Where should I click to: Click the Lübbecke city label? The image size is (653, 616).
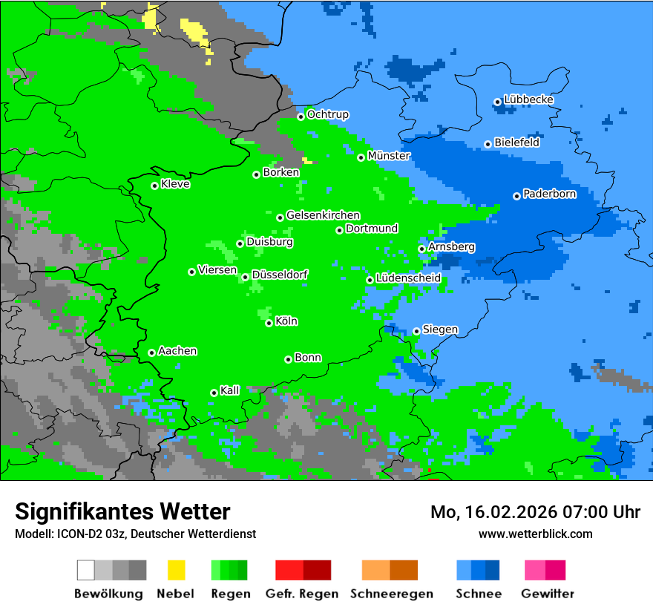(x=528, y=99)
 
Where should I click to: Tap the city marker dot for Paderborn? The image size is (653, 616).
(x=516, y=196)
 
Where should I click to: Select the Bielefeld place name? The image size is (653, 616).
(x=516, y=142)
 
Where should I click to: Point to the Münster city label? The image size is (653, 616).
(x=389, y=156)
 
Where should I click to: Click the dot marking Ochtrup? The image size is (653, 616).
(x=301, y=116)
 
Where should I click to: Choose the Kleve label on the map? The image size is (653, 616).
(x=175, y=184)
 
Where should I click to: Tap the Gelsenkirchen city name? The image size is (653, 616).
(x=323, y=215)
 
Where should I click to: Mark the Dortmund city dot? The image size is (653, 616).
(x=339, y=230)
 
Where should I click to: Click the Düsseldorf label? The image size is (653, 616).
(x=280, y=275)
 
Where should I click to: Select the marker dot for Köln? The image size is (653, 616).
(x=269, y=323)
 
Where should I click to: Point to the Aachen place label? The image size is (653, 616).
(x=177, y=351)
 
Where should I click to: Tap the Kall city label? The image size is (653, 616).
(x=230, y=390)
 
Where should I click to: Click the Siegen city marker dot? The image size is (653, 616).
(x=416, y=331)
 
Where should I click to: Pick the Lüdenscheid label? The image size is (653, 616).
(x=408, y=278)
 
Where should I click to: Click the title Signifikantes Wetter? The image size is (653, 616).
(x=122, y=511)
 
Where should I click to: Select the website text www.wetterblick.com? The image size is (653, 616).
(x=535, y=534)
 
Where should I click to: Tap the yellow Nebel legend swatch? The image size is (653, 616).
(x=176, y=570)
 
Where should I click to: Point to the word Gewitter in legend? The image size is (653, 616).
(x=548, y=594)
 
